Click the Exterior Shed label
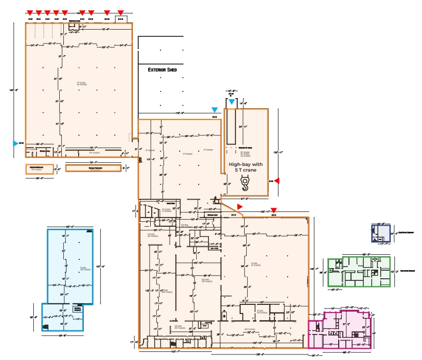tap(162, 70)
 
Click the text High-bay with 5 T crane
tap(245, 167)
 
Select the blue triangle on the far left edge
tap(15, 143)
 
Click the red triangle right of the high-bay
tap(277, 180)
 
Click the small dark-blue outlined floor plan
tap(380, 233)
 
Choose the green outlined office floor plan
tap(359, 272)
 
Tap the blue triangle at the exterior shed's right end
tap(215, 110)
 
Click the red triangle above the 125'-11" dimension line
tap(274, 210)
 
